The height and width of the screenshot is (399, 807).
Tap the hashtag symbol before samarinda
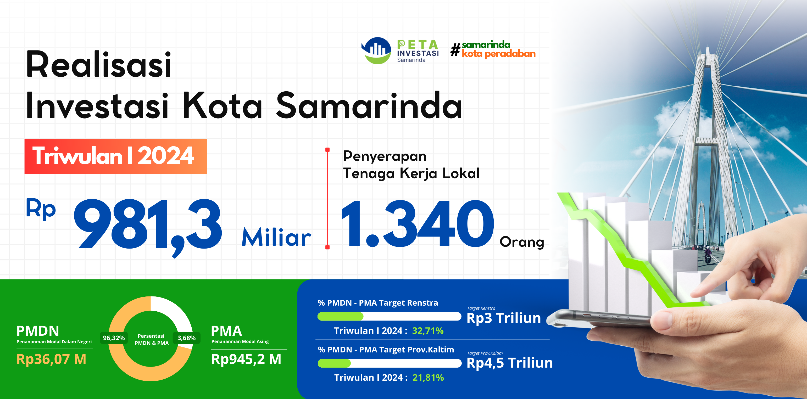(x=455, y=50)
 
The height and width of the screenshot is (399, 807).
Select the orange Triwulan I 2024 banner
(x=116, y=156)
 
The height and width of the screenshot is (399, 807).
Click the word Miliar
(x=276, y=237)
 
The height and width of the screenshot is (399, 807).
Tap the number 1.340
(x=418, y=224)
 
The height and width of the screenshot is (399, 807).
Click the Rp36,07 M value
(x=51, y=359)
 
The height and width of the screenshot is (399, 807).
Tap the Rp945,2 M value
(x=246, y=359)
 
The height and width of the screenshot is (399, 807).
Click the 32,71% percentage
(x=428, y=331)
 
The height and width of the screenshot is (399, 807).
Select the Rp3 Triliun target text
(x=504, y=318)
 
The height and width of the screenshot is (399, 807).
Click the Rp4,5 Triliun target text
(x=510, y=363)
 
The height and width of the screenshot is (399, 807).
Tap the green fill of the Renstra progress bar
(x=341, y=316)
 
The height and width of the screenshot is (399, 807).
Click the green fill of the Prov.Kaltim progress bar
(x=334, y=363)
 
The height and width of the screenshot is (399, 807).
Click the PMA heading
(x=226, y=331)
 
